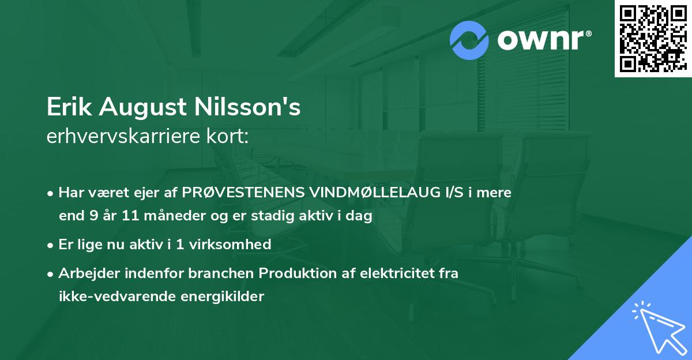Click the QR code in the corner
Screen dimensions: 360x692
click(x=653, y=39)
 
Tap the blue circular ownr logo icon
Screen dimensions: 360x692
click(x=469, y=40)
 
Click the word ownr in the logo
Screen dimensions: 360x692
click(x=539, y=41)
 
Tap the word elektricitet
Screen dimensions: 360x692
click(x=394, y=273)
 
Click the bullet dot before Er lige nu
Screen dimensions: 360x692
click(x=51, y=245)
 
